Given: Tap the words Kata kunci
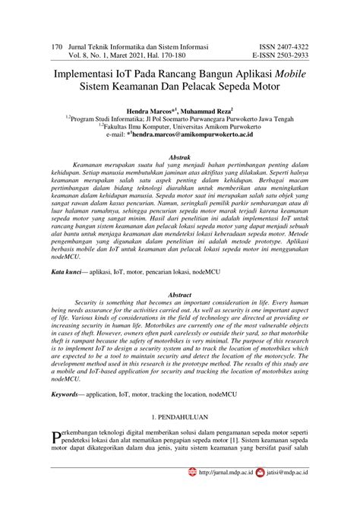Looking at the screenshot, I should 65,270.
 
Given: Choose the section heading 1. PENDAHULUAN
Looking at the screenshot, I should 179,419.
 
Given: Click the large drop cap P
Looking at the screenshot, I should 54,437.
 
